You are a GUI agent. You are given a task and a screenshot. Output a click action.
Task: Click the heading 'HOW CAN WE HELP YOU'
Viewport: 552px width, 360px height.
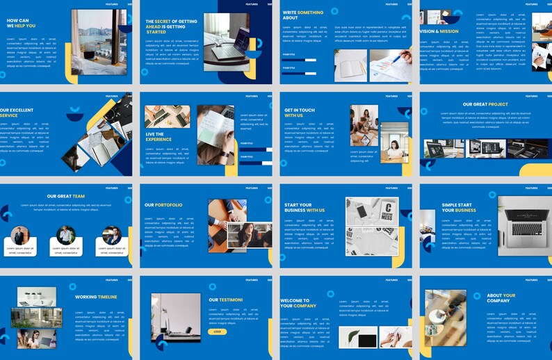pyautogui.click(x=20, y=24)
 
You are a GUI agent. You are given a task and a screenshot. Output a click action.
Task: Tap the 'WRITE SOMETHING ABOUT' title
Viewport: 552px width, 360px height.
pyautogui.click(x=302, y=15)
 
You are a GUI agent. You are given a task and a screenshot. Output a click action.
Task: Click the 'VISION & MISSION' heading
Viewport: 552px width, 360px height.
pyautogui.click(x=439, y=31)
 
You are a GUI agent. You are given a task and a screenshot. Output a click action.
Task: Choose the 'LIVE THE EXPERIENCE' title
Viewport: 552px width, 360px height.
pyautogui.click(x=159, y=136)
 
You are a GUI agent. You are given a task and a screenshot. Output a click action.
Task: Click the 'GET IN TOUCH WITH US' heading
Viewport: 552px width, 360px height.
pyautogui.click(x=299, y=113)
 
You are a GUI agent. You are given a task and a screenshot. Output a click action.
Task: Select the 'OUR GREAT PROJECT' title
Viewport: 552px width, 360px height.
pyautogui.click(x=485, y=105)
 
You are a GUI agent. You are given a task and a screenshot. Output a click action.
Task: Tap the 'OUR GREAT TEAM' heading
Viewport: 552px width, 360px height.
pyautogui.click(x=66, y=196)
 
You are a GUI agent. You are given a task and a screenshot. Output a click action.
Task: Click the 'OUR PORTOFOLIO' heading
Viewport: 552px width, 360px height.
pyautogui.click(x=163, y=205)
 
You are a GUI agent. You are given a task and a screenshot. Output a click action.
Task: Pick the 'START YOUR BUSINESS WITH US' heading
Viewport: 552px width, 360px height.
pyautogui.click(x=304, y=207)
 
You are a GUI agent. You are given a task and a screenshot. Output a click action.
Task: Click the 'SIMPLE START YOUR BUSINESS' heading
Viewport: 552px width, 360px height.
pyautogui.click(x=459, y=207)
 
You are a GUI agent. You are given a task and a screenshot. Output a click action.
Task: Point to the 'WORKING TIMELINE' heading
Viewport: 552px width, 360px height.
pyautogui.click(x=96, y=297)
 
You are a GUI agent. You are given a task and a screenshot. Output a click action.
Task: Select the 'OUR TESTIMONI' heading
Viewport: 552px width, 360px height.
pyautogui.click(x=225, y=300)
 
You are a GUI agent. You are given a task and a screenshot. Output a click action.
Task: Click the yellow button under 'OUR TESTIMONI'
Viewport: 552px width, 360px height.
pyautogui.click(x=217, y=332)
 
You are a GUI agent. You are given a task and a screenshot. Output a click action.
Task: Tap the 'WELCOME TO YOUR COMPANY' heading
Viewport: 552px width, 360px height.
pyautogui.click(x=298, y=303)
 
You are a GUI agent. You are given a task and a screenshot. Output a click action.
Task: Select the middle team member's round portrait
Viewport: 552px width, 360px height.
pyautogui.click(x=66, y=235)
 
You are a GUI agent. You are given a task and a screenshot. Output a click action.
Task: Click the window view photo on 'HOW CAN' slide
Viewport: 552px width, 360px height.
pyautogui.click(x=98, y=42)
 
